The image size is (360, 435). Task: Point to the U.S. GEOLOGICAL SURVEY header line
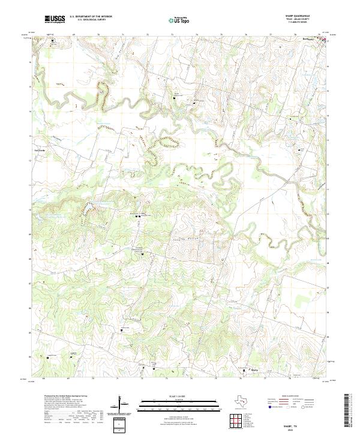click(x=88, y=20)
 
